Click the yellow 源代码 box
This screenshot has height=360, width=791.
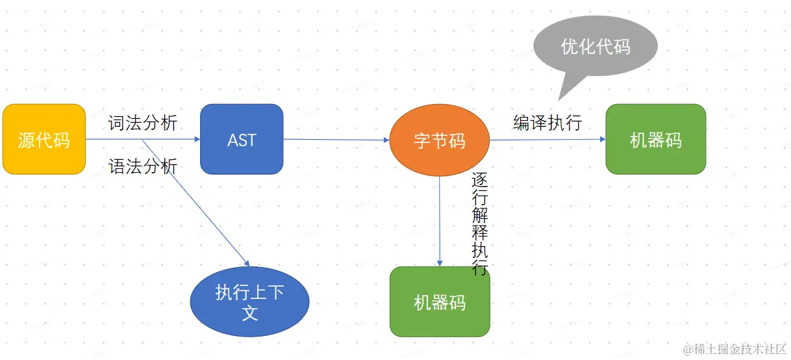[x=44, y=139]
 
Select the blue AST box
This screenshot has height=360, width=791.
[x=242, y=139]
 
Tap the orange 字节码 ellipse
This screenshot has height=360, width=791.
[x=440, y=140]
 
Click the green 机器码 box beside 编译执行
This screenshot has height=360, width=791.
[x=655, y=139]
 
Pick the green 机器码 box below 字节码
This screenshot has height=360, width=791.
[x=440, y=302]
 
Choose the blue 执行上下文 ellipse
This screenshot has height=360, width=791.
[x=249, y=302]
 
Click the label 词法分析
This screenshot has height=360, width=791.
[x=142, y=123]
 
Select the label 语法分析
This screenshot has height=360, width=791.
[x=142, y=166]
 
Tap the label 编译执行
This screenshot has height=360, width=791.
[x=547, y=123]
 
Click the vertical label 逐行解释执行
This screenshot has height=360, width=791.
[x=479, y=224]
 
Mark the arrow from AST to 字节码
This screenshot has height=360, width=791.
[x=336, y=139]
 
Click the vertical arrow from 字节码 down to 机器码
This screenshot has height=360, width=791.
[x=440, y=221]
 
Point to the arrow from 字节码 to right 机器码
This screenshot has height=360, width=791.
[x=547, y=139]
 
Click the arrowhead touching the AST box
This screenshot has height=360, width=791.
[x=196, y=139]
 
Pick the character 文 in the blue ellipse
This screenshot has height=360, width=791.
[x=250, y=313]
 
